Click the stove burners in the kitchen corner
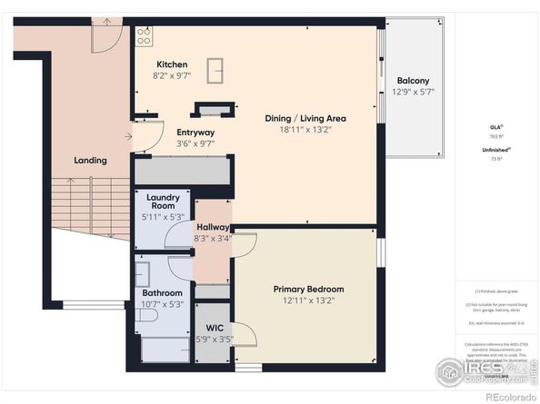point(144,35)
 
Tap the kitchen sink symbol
point(216,69)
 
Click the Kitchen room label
point(172,64)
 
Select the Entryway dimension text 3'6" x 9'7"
point(195,143)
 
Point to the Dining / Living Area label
point(305,118)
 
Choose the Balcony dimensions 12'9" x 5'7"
point(414,93)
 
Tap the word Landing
point(90,161)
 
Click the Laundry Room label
point(164,202)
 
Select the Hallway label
point(213,227)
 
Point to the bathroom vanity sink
point(143,271)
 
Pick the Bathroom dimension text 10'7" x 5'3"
point(163,305)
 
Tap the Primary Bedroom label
point(308,290)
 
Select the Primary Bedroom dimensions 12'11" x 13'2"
point(308,301)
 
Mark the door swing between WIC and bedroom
point(244,334)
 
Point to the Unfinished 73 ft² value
point(496,158)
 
